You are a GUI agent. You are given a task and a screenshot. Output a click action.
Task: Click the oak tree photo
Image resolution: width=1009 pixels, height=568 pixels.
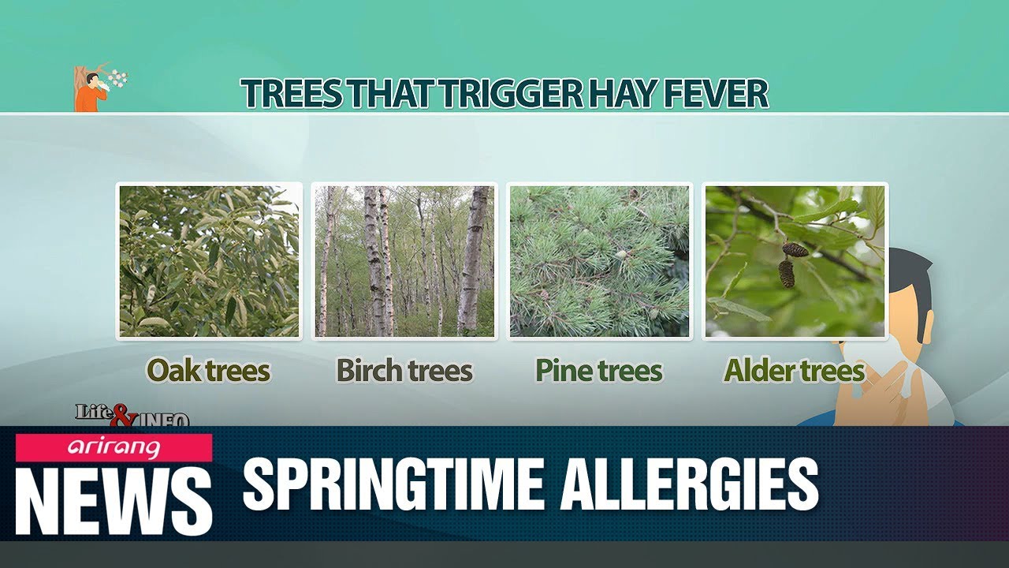coord(209,261)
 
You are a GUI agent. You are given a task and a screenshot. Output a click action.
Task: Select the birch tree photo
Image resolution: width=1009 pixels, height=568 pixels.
coord(404,261)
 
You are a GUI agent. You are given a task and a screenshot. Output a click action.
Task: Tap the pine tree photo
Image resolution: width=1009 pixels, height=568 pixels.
coord(599,261)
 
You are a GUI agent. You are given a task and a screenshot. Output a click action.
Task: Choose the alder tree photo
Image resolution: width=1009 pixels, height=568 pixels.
coord(795,261)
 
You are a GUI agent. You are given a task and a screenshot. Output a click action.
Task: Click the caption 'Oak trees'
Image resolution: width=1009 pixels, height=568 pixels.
coord(208,370)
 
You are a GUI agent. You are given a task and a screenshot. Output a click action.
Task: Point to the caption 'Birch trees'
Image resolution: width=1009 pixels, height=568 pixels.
coord(404,370)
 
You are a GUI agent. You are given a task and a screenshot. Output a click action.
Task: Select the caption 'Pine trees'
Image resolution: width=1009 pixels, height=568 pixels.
coord(598,370)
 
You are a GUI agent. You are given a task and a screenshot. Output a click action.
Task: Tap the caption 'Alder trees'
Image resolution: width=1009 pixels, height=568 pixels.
coord(794,370)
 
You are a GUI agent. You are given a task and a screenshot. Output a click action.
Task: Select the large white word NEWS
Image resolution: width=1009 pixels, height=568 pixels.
coord(114,501)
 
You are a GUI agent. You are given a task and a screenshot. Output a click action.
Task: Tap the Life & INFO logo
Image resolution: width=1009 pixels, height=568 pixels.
coord(132,415)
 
